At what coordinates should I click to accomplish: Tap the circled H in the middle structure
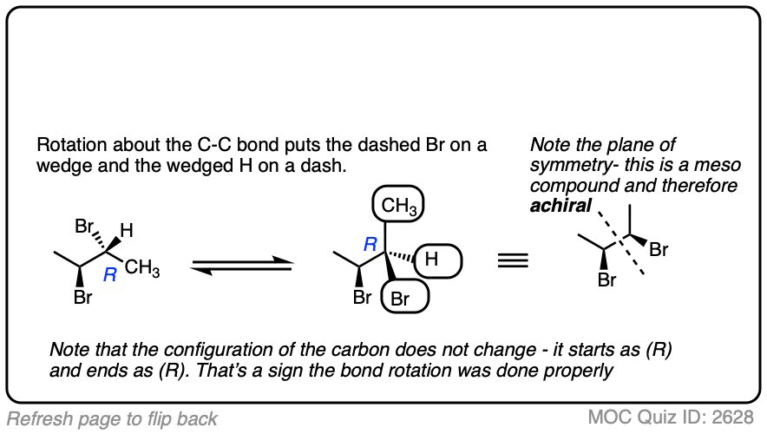[x=439, y=259]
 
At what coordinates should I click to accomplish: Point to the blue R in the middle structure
[x=370, y=246]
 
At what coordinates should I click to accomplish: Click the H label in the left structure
[x=126, y=231]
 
